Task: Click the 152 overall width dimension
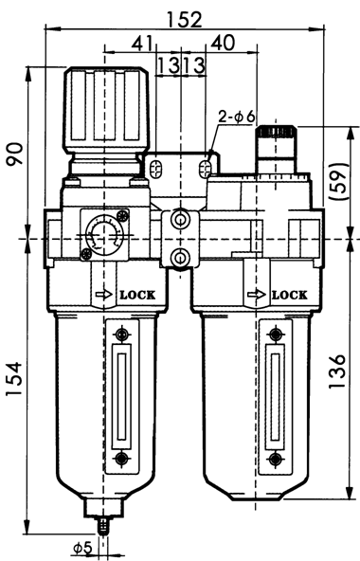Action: tap(181, 16)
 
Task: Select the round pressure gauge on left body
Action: tap(100, 232)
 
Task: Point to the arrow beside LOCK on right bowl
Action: tap(254, 295)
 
